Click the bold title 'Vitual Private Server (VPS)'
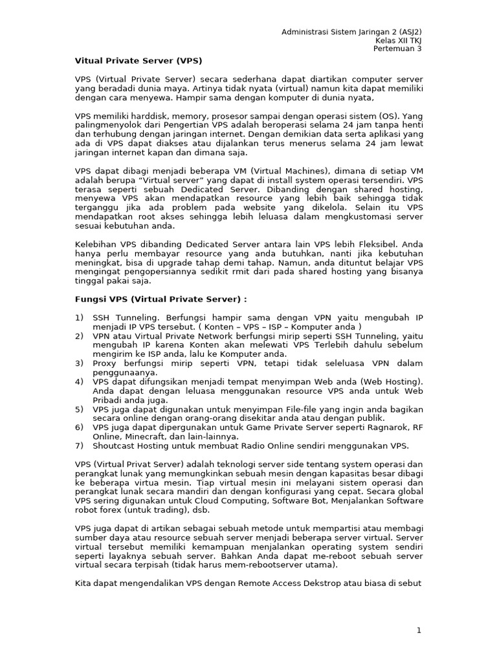click(138, 61)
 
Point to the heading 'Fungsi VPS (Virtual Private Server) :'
click(161, 300)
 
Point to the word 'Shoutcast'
click(115, 446)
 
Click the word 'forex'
click(109, 510)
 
